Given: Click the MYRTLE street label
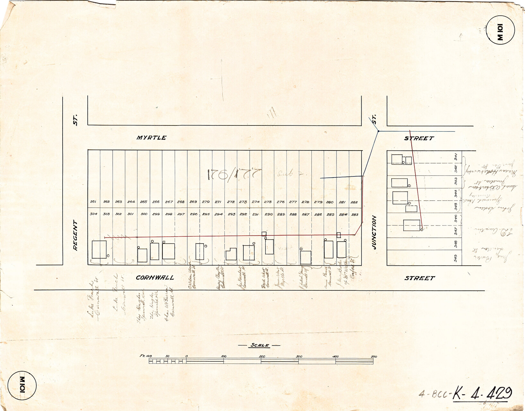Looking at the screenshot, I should point(151,138).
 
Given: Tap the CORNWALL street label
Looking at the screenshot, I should point(155,278).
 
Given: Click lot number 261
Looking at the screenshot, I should point(93,202).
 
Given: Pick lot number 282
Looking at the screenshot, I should point(354,202).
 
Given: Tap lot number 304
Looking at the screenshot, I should point(93,214).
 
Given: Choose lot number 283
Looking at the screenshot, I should point(354,214).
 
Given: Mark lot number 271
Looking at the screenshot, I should point(218,202).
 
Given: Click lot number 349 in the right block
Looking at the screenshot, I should point(456,258).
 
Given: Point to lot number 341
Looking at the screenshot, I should point(456,158).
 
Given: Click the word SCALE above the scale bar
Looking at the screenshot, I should point(259,345).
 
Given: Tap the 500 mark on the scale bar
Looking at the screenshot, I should point(373,356).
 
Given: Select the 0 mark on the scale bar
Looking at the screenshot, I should point(186,356).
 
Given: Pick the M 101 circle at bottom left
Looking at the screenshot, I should point(22,385).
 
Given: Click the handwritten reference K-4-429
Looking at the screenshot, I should point(482,393).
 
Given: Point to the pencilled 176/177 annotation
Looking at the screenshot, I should point(234,175).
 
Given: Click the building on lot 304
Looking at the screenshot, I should point(99,249).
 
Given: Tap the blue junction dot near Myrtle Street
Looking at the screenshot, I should point(378,131).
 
